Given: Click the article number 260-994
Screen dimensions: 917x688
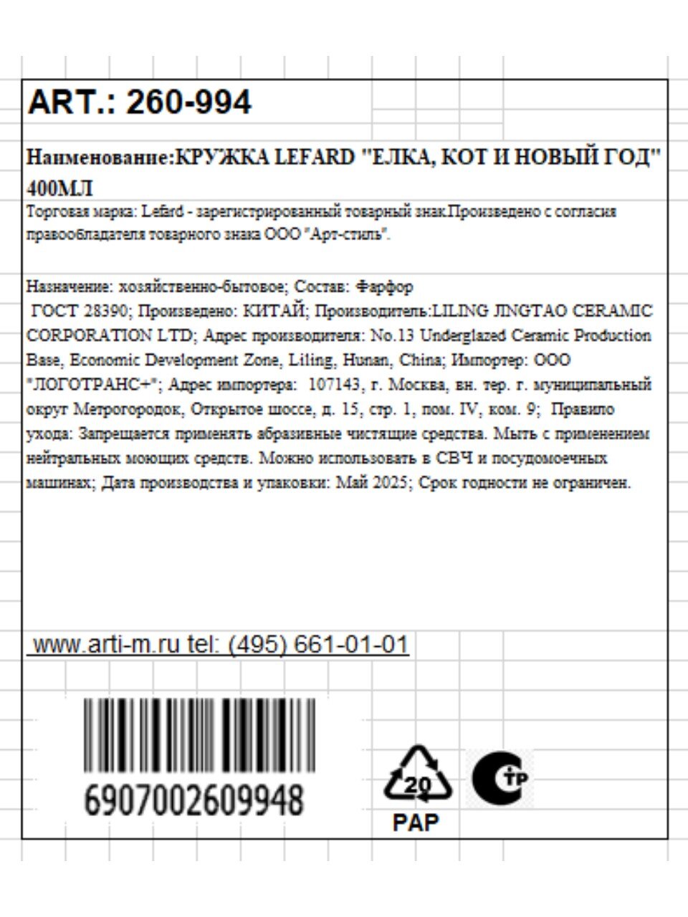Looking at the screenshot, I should (x=188, y=102).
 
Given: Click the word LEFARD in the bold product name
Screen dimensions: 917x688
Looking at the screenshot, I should (x=314, y=158).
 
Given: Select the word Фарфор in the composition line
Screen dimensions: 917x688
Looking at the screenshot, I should (x=384, y=287).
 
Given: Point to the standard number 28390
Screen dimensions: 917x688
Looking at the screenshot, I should (x=104, y=312).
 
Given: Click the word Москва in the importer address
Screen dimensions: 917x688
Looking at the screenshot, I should (x=419, y=385).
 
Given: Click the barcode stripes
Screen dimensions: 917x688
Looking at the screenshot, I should (x=199, y=734).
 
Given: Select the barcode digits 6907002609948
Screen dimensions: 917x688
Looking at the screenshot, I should (x=193, y=799).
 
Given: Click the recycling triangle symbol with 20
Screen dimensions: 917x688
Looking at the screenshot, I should (x=419, y=777).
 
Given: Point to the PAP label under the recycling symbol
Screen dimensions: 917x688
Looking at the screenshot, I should (x=416, y=822).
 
